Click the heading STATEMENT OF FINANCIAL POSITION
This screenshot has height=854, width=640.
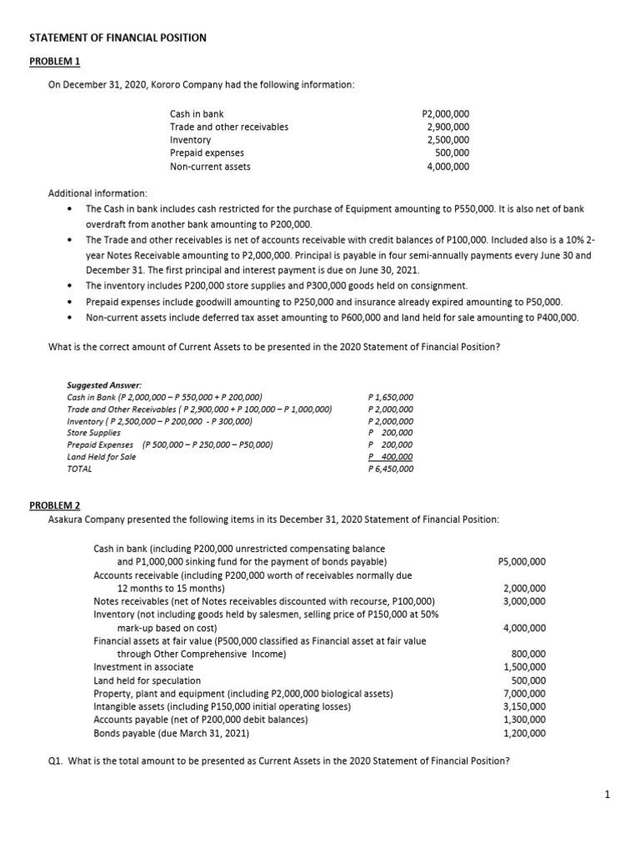(x=117, y=38)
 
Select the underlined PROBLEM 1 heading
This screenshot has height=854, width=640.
(x=55, y=63)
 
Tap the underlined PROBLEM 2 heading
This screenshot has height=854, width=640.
(x=55, y=506)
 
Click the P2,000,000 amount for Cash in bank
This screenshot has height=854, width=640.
(x=446, y=113)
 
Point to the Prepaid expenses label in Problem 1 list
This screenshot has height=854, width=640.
(x=207, y=153)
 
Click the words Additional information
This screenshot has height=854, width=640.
(x=97, y=193)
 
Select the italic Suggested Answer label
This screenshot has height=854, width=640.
(x=104, y=384)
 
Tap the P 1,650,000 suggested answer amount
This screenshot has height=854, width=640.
(x=390, y=397)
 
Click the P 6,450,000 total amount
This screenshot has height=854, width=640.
(x=390, y=469)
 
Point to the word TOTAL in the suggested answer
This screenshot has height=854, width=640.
(x=78, y=469)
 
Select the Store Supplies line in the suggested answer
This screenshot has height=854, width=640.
(x=93, y=433)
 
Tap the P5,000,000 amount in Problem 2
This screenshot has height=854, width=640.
(x=522, y=561)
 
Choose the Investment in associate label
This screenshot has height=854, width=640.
(x=143, y=666)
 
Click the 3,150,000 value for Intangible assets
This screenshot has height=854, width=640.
(x=525, y=706)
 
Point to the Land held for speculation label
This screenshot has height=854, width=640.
(x=147, y=681)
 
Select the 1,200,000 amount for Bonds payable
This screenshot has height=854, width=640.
(x=525, y=733)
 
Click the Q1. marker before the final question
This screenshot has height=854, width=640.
(x=57, y=760)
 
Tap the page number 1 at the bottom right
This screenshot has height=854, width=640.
(x=608, y=795)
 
